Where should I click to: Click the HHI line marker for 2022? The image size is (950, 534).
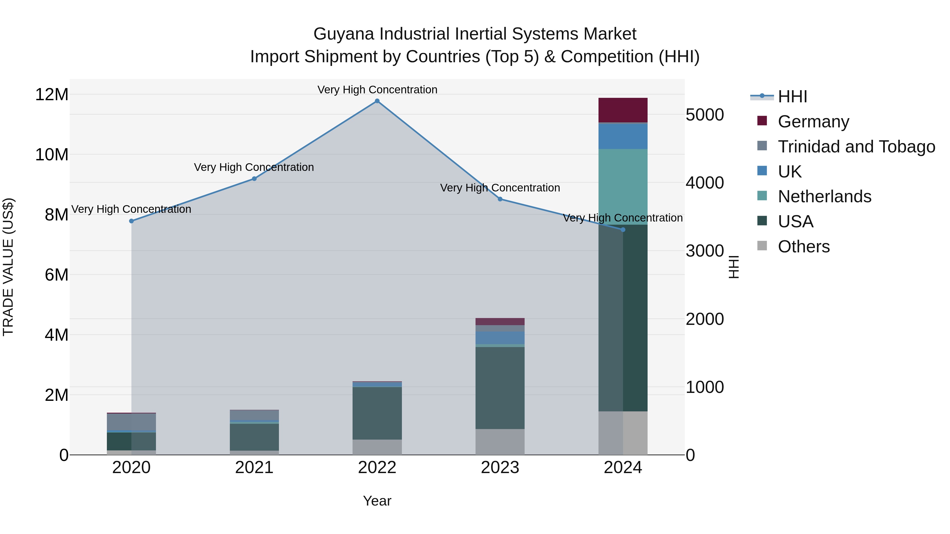pos(377,101)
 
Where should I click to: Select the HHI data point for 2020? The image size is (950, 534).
pos(131,221)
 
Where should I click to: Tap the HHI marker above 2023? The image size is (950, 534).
pos(500,199)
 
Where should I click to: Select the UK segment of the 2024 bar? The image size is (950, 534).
pos(623,136)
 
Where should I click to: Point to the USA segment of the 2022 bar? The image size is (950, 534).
pos(377,413)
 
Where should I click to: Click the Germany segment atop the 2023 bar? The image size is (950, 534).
pos(500,321)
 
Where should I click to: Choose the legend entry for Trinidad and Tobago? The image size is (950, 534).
pos(856,147)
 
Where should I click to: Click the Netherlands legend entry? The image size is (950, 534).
pos(825,196)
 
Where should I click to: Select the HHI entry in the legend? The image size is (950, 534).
pos(792,97)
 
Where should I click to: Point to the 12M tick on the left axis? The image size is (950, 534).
pos(52,95)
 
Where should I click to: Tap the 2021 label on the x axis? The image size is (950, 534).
pos(254,468)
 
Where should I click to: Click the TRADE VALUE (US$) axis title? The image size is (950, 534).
pos(8,267)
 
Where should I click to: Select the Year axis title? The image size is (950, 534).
pos(377,501)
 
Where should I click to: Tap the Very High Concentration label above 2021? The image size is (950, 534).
pos(254,167)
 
